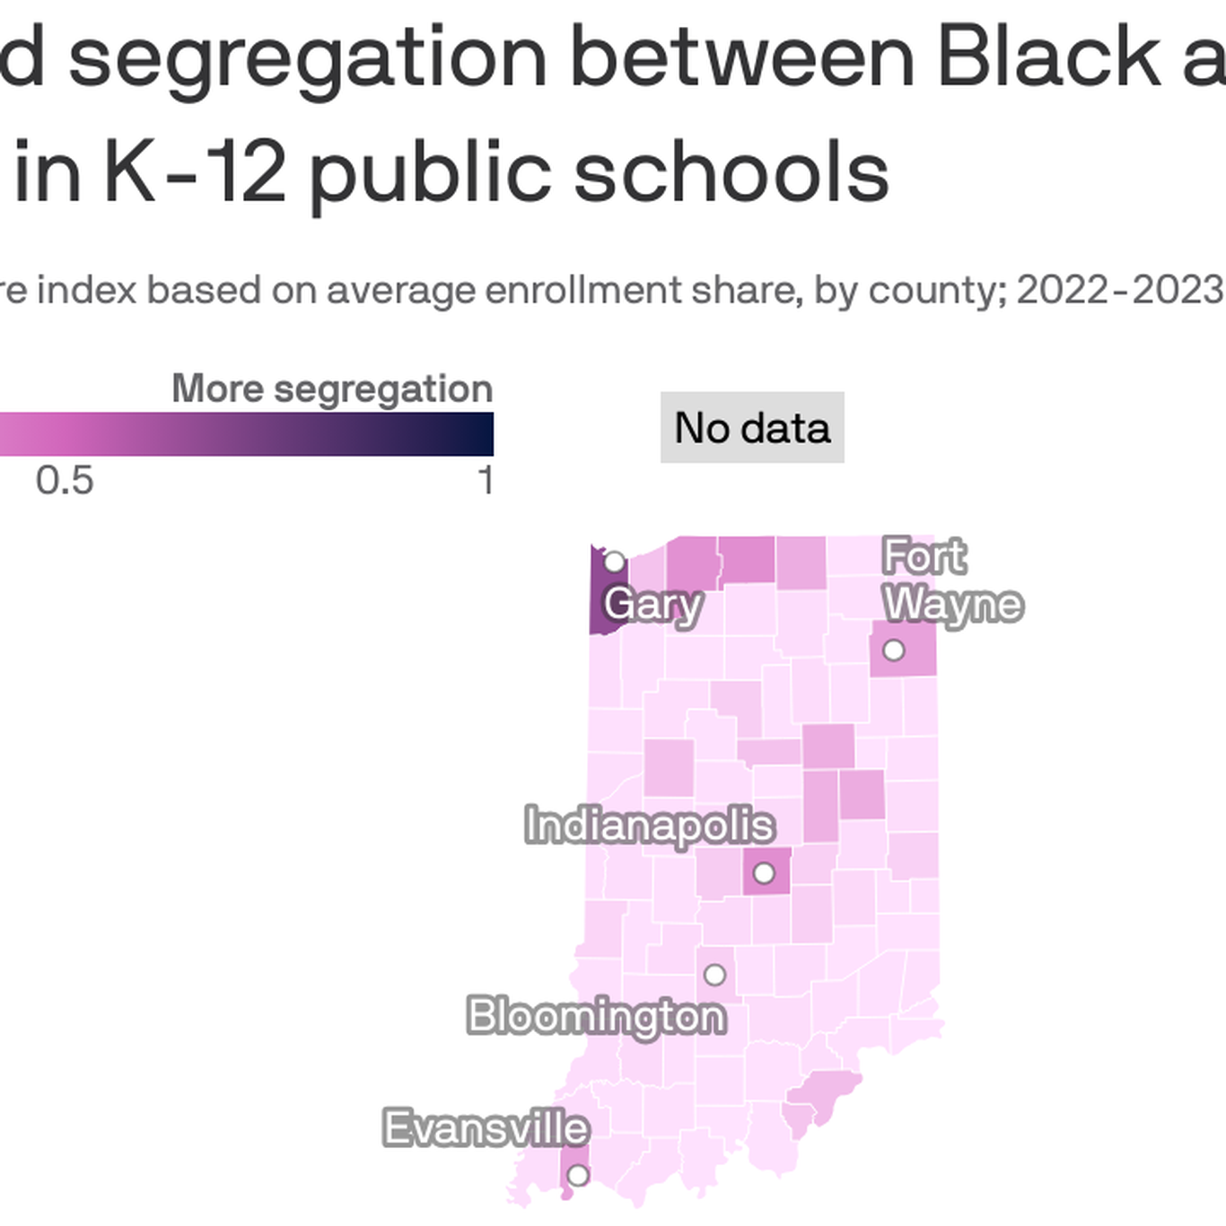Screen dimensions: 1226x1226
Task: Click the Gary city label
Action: click(x=652, y=604)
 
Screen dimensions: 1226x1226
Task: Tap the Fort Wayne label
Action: click(x=951, y=580)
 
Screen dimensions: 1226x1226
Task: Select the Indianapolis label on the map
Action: click(x=649, y=826)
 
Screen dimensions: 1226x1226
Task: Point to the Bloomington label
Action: click(x=596, y=1016)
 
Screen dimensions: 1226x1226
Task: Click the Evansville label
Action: click(x=486, y=1128)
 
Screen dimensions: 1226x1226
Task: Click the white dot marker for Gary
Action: click(x=614, y=563)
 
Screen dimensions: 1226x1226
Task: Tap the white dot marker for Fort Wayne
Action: click(x=893, y=650)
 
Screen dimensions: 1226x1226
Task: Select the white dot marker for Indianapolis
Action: click(x=764, y=872)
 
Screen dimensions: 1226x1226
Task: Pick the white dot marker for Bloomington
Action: click(x=714, y=975)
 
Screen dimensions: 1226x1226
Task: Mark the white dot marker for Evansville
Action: click(x=578, y=1175)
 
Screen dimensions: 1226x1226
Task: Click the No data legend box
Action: click(x=752, y=428)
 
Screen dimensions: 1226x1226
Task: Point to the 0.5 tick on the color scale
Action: click(x=65, y=481)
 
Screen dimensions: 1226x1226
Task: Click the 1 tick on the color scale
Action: click(x=486, y=481)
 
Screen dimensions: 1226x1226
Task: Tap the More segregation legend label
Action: click(x=332, y=390)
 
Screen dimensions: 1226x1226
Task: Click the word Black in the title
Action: click(x=1048, y=58)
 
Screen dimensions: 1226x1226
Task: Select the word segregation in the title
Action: click(x=307, y=58)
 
